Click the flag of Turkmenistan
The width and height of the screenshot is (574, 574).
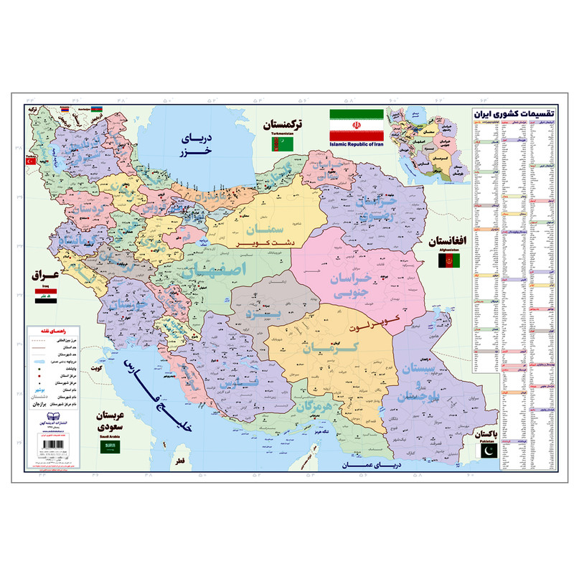(x=277, y=143)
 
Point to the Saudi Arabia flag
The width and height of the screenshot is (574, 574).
(x=109, y=446)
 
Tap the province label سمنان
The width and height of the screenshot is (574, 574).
(x=262, y=232)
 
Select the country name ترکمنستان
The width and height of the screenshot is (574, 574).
(x=283, y=124)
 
